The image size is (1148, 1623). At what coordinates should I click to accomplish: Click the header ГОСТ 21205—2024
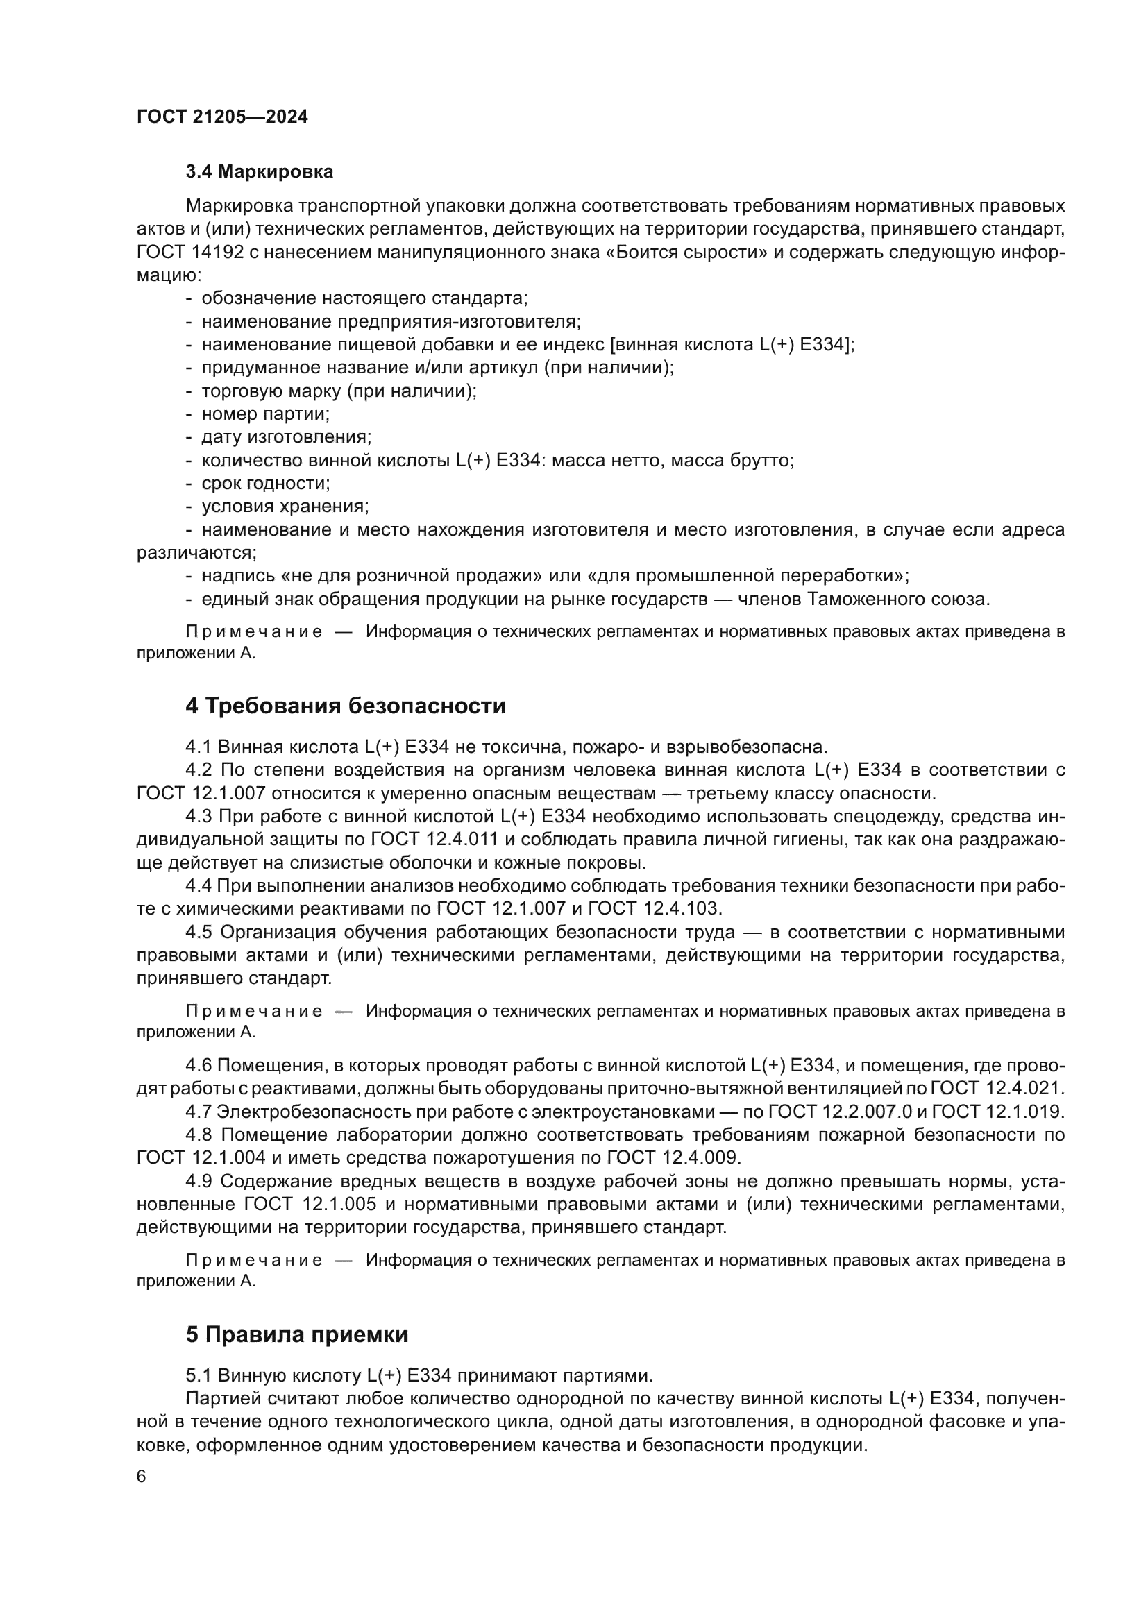coord(222,117)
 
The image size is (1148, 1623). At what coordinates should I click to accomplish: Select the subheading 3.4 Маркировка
coord(260,172)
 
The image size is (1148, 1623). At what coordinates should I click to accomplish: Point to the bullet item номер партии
coord(265,414)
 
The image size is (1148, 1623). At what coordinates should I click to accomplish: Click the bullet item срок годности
coord(266,484)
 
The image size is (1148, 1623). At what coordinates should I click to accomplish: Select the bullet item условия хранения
coord(285,506)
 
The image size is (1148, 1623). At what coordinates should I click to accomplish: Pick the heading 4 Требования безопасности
coord(346,706)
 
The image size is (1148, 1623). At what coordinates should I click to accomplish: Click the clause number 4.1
coord(199,747)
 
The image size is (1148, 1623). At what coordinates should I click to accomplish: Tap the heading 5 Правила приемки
coord(297,1334)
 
